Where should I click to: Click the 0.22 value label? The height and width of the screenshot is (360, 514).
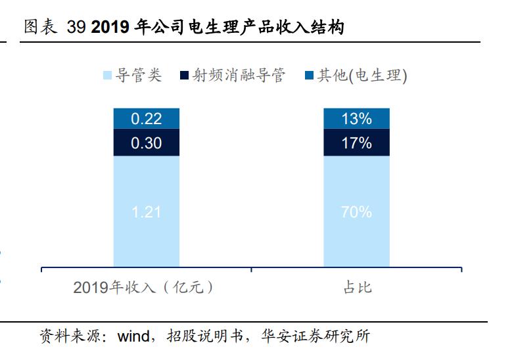pyautogui.click(x=146, y=119)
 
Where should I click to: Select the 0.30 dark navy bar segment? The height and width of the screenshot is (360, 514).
pyautogui.click(x=146, y=143)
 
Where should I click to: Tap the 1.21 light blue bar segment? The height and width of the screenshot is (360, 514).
pyautogui.click(x=146, y=212)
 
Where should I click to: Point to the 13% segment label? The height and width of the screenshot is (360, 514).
pyautogui.click(x=356, y=119)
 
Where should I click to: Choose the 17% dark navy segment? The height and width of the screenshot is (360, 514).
pyautogui.click(x=356, y=143)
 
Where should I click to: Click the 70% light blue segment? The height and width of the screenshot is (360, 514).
pyautogui.click(x=356, y=212)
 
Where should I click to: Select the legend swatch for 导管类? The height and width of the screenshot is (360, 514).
pyautogui.click(x=108, y=76)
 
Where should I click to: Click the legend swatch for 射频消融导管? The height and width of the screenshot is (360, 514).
pyautogui.click(x=185, y=76)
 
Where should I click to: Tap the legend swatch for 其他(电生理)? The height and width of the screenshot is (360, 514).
pyautogui.click(x=309, y=76)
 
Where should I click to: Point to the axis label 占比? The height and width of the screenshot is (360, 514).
pyautogui.click(x=357, y=288)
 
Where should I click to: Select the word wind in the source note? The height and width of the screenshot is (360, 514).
pyautogui.click(x=133, y=337)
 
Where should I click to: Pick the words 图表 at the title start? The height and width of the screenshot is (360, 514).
pyautogui.click(x=41, y=28)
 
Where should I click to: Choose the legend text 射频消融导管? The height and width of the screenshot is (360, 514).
pyautogui.click(x=239, y=76)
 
